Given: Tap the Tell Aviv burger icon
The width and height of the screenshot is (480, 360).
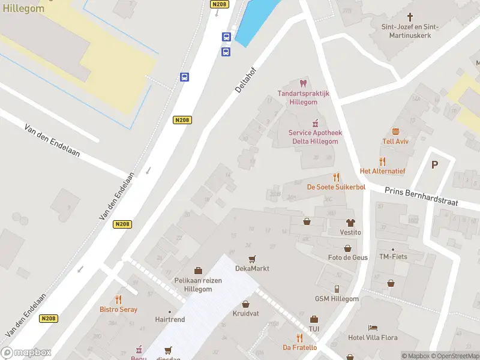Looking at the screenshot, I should coord(395,131).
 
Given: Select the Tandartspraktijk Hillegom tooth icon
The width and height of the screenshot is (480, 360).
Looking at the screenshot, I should coord(303,83).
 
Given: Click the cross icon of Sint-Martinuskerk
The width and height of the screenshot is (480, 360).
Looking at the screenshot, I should coord(410,17).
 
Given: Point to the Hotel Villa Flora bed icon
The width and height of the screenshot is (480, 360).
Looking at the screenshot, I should coord(373,328).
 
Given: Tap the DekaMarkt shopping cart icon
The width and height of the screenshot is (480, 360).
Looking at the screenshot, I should coord(252,259).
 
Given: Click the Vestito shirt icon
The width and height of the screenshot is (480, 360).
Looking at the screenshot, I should coord(350,223).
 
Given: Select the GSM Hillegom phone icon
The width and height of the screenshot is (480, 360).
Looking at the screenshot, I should coord(337,289).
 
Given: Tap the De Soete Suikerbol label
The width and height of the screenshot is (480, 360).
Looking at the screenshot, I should coord(336,187).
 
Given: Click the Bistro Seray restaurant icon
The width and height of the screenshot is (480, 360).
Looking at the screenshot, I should coord(118,299).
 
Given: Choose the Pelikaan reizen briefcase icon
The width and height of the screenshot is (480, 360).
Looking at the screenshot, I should coord(198,271).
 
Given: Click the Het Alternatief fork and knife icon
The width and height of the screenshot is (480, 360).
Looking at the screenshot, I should coord(382,161).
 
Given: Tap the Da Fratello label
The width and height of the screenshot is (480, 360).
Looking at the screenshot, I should coord(299,347).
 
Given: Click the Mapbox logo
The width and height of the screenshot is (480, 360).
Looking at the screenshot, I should coord(26,352).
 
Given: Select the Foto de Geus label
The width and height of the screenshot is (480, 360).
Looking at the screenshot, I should coord(347,257).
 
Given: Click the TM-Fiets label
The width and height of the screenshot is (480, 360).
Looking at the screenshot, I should coord(393,257).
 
